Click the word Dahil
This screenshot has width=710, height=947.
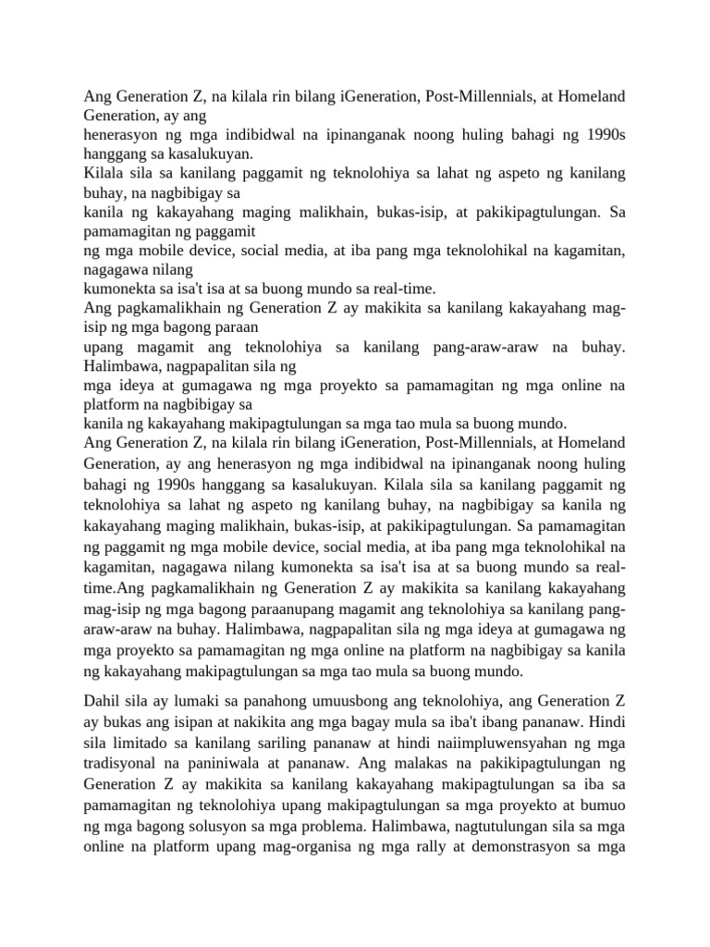coord(103,701)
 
